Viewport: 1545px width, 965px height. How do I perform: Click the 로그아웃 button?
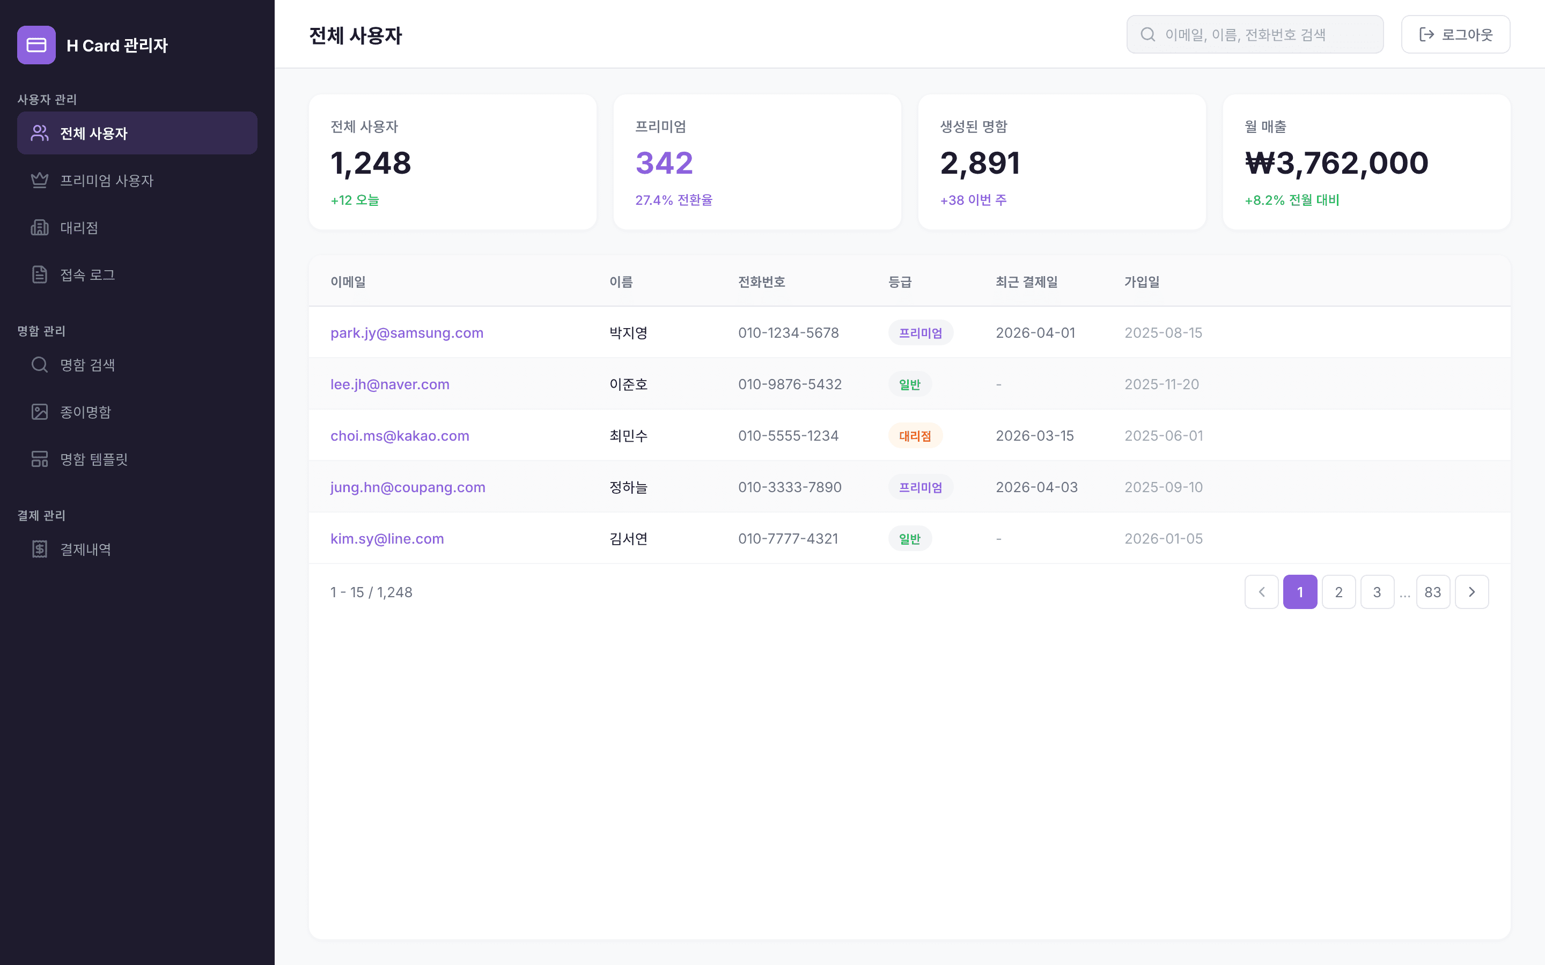tap(1455, 34)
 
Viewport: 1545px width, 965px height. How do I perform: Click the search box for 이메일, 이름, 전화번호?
tap(1255, 34)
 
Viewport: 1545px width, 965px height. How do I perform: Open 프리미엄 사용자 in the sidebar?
tap(107, 181)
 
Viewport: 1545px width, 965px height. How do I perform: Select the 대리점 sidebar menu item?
tap(79, 228)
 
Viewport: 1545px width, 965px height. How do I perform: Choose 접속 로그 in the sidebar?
tap(87, 275)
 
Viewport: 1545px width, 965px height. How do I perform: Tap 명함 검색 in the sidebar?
tap(87, 365)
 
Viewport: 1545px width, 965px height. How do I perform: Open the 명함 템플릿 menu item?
tap(94, 459)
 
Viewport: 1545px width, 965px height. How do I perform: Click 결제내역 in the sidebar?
tap(85, 550)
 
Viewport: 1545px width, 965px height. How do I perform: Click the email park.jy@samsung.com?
tap(407, 332)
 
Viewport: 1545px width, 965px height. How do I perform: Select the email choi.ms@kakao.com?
tap(400, 436)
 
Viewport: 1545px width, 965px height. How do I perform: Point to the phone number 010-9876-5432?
tap(790, 384)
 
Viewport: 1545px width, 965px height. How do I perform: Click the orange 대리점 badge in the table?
tap(915, 436)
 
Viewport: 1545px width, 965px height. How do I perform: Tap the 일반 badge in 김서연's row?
tap(910, 539)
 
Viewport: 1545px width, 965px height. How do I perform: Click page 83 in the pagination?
tap(1433, 592)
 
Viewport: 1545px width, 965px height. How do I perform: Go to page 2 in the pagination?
tap(1338, 592)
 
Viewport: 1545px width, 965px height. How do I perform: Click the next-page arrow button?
tap(1472, 592)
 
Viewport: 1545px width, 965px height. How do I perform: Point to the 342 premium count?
tap(664, 163)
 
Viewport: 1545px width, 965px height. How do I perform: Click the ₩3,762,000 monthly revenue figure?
tap(1336, 163)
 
